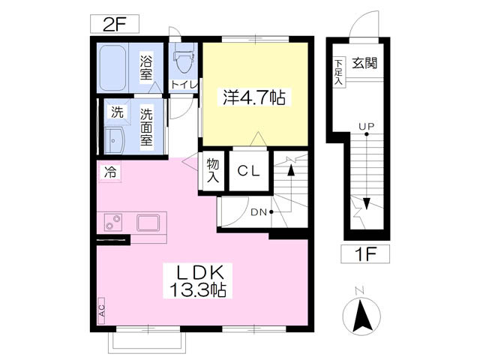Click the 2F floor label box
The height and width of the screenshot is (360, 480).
click(115, 24)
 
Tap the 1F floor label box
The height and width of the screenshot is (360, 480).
click(365, 253)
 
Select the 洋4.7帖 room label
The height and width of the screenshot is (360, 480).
click(254, 97)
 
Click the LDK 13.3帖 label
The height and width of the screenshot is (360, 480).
click(198, 280)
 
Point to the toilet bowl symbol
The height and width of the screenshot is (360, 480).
click(184, 58)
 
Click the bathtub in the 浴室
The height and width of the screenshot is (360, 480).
click(112, 68)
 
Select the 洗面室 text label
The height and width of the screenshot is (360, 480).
click(146, 127)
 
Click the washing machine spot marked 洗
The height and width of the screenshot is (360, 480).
click(117, 112)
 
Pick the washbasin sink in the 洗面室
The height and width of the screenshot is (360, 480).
click(114, 140)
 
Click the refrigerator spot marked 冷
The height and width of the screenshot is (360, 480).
click(110, 172)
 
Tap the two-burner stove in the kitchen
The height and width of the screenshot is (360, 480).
click(113, 222)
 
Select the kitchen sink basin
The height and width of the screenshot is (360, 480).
click(148, 223)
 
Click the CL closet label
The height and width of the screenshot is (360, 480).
click(249, 171)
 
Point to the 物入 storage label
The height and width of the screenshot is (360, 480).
click(213, 171)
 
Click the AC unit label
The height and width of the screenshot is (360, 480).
click(102, 310)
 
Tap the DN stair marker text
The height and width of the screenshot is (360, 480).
click(259, 212)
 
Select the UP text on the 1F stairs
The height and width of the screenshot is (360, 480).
click(367, 126)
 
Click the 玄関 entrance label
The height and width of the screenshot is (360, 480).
click(364, 63)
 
